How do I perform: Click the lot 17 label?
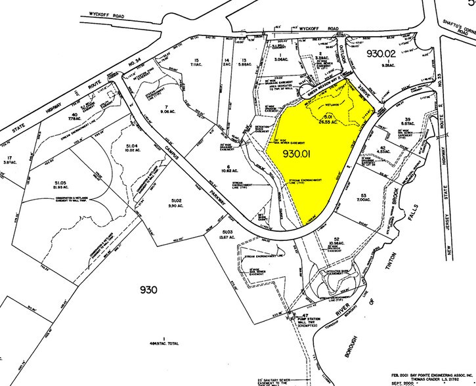pyautogui.click(x=9, y=158)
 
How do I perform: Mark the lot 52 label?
pyautogui.click(x=336, y=238)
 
